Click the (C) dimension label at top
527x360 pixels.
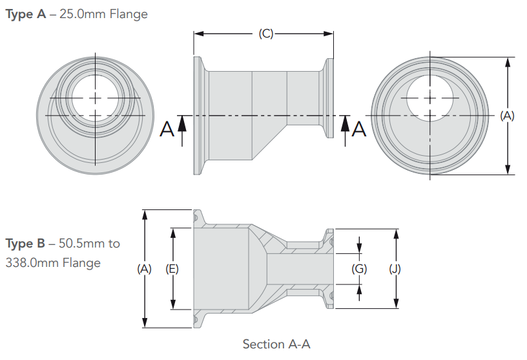click(265, 34)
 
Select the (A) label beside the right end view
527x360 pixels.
click(508, 116)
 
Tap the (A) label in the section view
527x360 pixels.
click(144, 268)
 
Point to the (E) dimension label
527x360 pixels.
click(172, 268)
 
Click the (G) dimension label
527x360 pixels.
click(359, 268)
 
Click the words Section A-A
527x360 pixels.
click(276, 344)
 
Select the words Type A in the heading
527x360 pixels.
click(26, 14)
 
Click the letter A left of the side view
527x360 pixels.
click(167, 130)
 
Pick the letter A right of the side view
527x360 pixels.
click(359, 130)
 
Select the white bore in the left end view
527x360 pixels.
click(96, 97)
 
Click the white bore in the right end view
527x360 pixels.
click(431, 97)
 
